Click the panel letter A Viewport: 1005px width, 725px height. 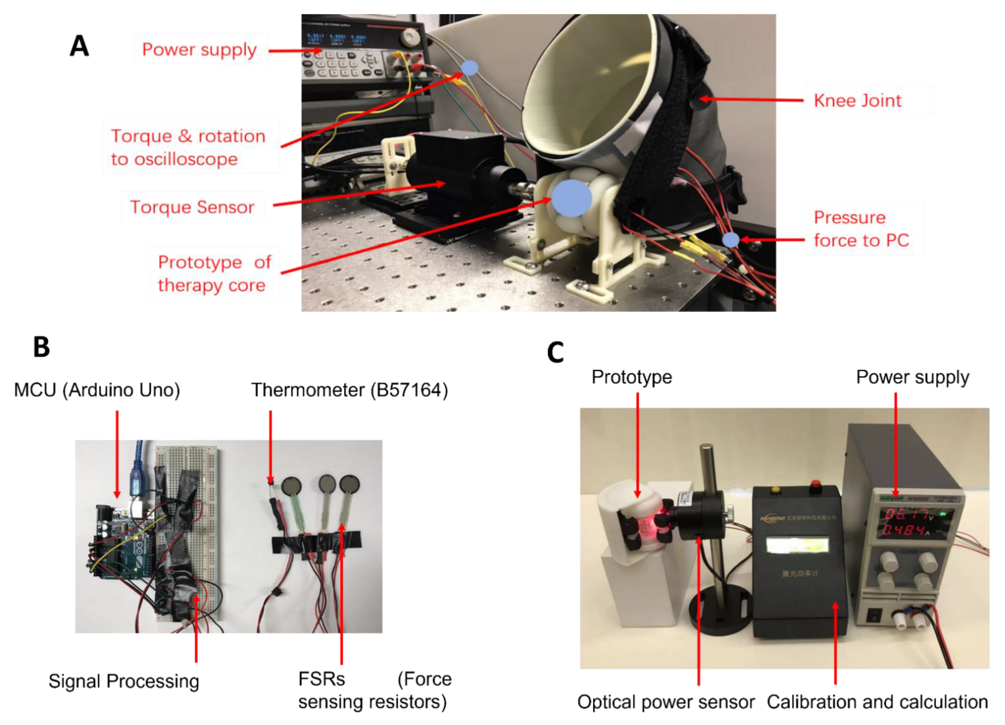pyautogui.click(x=79, y=46)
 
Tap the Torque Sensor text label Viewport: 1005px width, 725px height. pyautogui.click(x=192, y=207)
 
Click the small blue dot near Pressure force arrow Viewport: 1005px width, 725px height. pyautogui.click(x=731, y=240)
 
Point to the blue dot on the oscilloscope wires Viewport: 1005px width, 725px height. pyautogui.click(x=470, y=68)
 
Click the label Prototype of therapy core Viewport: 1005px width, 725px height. pyautogui.click(x=214, y=273)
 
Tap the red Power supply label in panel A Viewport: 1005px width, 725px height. pyautogui.click(x=199, y=49)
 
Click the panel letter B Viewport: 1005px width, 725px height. pyautogui.click(x=42, y=347)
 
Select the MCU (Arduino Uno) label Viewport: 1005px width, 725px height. pyautogui.click(x=97, y=390)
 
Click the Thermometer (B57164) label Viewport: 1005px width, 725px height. pyautogui.click(x=349, y=390)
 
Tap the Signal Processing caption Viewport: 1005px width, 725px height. pyautogui.click(x=124, y=681)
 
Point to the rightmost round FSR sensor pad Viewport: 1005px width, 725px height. pyautogui.click(x=349, y=484)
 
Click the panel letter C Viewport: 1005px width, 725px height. pyautogui.click(x=555, y=353)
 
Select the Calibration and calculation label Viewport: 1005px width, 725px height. pyautogui.click(x=877, y=702)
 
